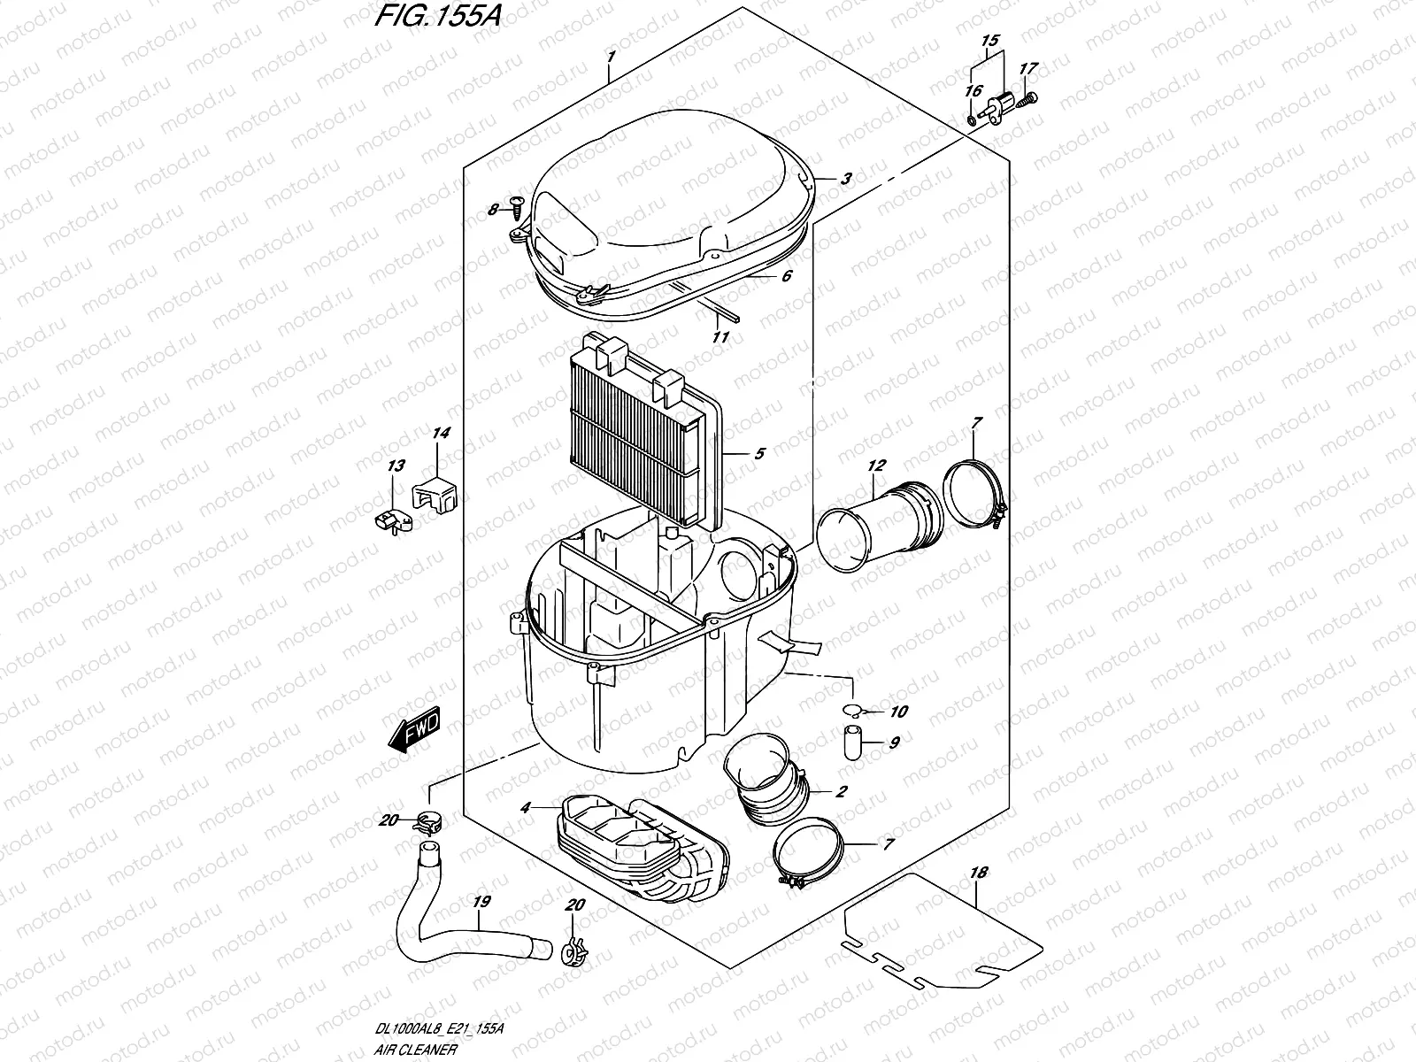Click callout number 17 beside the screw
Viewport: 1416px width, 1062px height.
(x=1027, y=68)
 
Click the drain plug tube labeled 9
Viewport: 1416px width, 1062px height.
(x=851, y=742)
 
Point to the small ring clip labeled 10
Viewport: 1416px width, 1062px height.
(x=851, y=709)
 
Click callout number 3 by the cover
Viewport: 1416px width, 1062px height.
(x=845, y=179)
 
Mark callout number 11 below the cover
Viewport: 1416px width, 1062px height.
(x=720, y=337)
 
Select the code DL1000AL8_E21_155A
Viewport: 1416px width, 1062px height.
(x=440, y=1029)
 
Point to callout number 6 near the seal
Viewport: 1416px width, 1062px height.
(x=785, y=276)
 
